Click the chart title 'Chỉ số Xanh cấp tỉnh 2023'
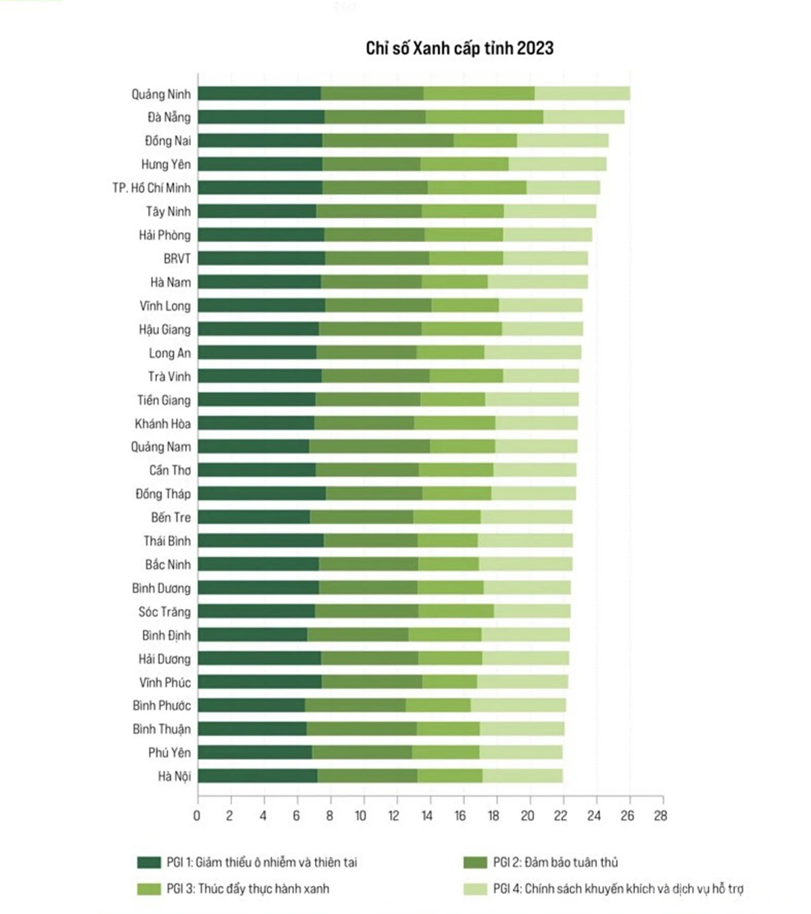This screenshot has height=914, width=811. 459,48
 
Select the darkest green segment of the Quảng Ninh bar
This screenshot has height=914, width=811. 259,94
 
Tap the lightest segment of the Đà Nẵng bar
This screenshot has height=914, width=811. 583,117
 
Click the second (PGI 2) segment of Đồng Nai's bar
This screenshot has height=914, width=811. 388,141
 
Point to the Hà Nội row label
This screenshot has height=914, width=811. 174,776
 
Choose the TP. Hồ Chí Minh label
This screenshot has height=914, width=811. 152,188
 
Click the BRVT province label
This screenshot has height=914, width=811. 177,259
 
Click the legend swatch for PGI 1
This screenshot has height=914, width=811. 149,862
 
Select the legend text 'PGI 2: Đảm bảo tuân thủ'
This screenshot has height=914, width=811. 556,862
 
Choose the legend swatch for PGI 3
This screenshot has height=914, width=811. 149,889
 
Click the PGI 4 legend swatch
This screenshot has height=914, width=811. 475,889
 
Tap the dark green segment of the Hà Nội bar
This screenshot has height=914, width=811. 257,776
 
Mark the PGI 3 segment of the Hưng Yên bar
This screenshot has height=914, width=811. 464,164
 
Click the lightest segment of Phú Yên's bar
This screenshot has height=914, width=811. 521,752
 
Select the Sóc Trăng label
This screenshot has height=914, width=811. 164,612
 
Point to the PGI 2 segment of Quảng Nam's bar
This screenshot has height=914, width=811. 370,446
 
